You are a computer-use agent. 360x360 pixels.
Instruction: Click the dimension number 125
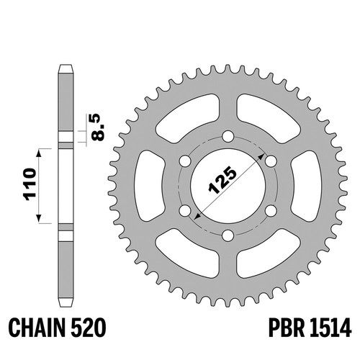pos(222,180)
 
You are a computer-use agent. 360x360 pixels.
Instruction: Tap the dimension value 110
pos(30,184)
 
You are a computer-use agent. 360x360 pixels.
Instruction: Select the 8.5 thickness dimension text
pos(98,127)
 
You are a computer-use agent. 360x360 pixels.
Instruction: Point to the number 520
pos(88,328)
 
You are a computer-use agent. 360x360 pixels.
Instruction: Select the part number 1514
pos(330,328)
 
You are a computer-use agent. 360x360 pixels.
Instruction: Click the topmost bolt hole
pos(228,136)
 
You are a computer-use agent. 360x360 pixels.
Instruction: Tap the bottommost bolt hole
pos(228,235)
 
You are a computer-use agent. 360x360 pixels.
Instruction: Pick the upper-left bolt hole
pos(185,161)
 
